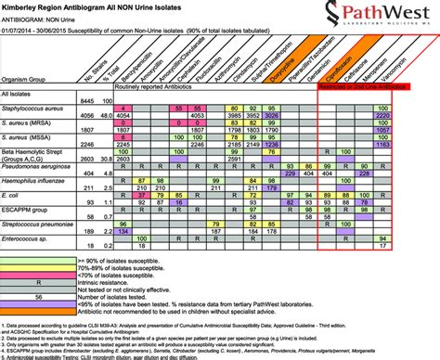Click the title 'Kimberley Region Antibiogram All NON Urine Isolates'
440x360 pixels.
click(x=103, y=7)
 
